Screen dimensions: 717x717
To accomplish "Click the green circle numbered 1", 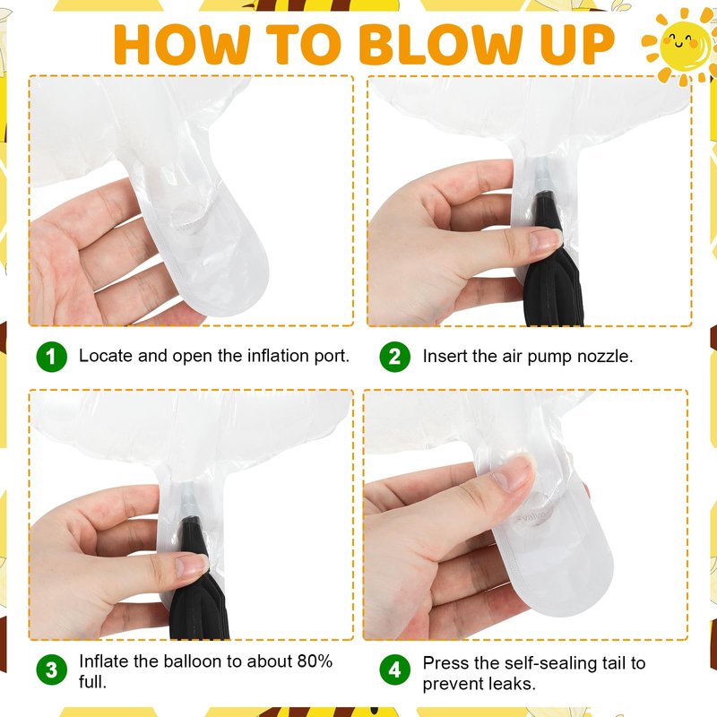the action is point(52,357).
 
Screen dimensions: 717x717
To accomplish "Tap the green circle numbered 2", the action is point(395,357).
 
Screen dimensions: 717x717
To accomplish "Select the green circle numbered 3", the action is point(52,669).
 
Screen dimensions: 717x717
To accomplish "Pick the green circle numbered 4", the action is point(395,669).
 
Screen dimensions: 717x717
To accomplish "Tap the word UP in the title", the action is point(577,44).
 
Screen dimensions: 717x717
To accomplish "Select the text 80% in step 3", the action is point(315,661).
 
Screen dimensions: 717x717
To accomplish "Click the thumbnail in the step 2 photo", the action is point(545,240).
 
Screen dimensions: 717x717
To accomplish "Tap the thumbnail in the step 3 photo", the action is point(192,566).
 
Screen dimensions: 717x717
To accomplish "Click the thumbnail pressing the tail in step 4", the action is point(515,472).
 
